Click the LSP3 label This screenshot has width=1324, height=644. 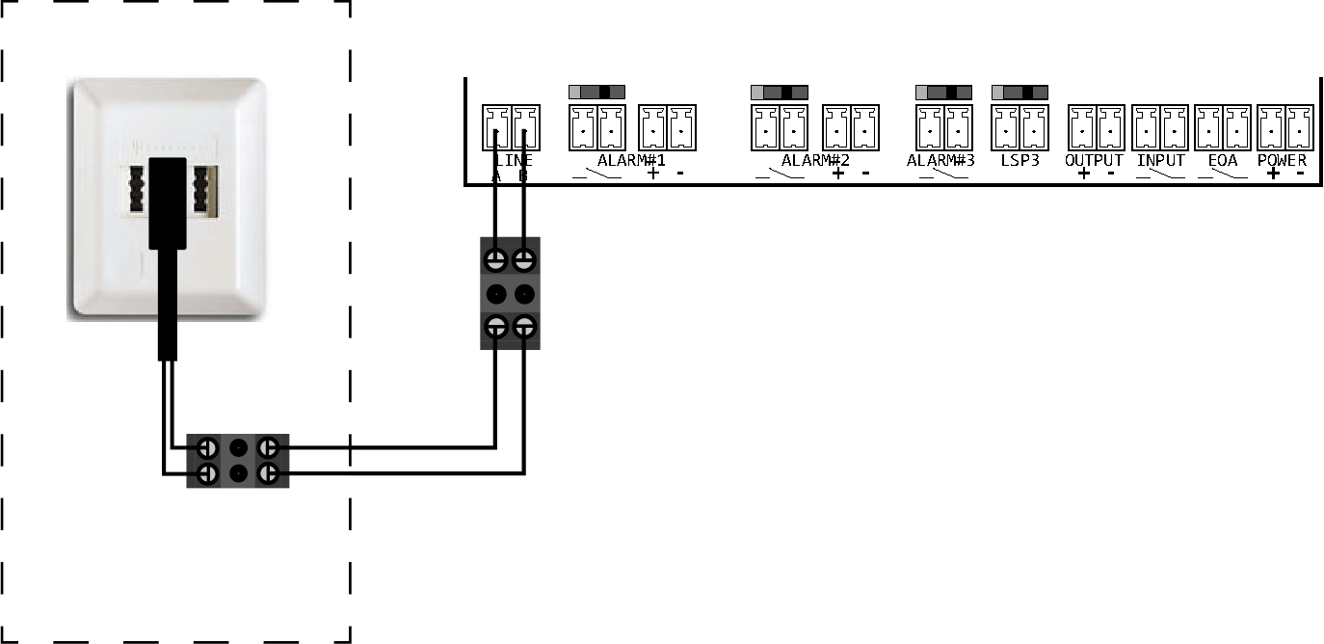(x=1019, y=160)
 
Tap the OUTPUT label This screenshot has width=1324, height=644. (x=1094, y=160)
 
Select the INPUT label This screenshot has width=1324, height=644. (x=1160, y=160)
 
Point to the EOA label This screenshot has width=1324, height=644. (x=1222, y=160)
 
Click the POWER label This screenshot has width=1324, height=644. (x=1282, y=160)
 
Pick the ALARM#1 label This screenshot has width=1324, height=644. (x=631, y=160)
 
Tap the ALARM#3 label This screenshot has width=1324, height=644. (x=940, y=160)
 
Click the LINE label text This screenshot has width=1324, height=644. (x=512, y=160)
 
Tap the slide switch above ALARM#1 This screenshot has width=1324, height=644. (x=596, y=93)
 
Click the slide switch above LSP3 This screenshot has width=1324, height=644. (x=1019, y=93)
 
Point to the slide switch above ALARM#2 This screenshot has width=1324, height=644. (x=779, y=93)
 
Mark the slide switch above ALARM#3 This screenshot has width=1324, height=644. (x=942, y=93)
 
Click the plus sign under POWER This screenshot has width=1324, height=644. (x=1273, y=174)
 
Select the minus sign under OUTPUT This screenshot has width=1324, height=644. (x=1110, y=174)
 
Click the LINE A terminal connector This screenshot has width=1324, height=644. (x=496, y=126)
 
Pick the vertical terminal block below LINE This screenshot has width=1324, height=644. (x=510, y=293)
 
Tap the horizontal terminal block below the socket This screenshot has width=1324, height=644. (x=237, y=461)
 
